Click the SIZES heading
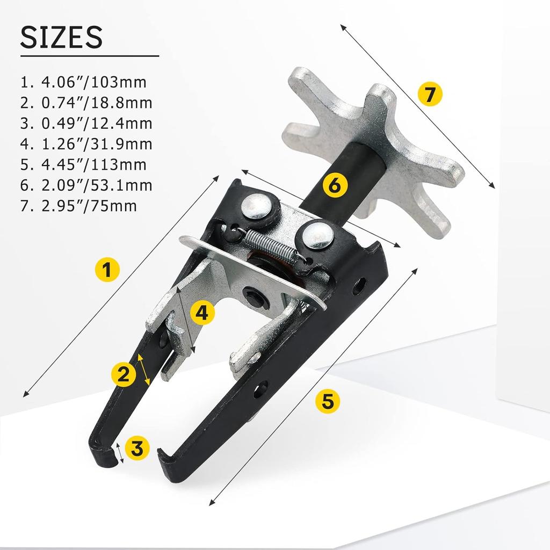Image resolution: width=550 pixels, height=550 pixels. coord(61,37)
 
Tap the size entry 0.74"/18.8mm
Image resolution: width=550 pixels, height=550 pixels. coord(86,103)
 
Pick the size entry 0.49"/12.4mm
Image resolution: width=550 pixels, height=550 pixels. coord(86,123)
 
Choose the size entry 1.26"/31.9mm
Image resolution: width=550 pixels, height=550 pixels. coord(86,144)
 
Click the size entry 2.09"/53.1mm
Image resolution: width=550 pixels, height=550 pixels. coord(86,185)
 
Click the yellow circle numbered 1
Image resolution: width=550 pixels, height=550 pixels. coord(107,268)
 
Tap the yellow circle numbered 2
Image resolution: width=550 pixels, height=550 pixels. coord(124,374)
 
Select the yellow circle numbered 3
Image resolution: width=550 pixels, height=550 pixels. coord(137,447)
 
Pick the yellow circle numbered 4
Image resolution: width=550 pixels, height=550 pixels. coord(201,313)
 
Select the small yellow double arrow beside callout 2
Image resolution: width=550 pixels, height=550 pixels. coord(143,370)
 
